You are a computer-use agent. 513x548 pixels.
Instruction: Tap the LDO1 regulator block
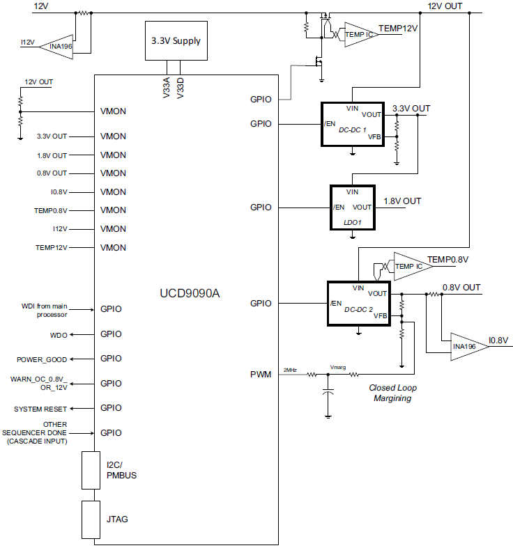tap(352, 207)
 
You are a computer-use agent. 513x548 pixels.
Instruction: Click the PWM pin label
tap(261, 375)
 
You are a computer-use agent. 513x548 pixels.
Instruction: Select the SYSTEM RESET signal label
tap(40, 409)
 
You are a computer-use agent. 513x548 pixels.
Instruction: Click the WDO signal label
tap(59, 335)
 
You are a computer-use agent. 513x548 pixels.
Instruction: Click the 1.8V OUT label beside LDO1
tap(402, 201)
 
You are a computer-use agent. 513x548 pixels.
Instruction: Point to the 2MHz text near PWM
tap(291, 370)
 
